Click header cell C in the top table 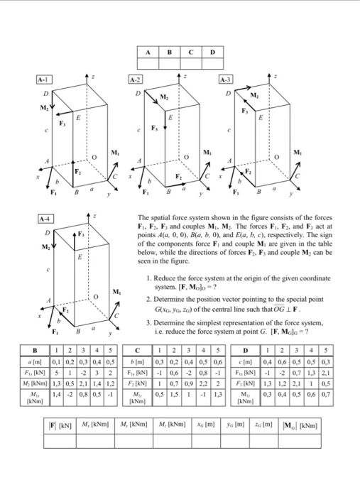(191, 52)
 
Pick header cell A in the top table (148, 52)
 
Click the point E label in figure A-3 (262, 117)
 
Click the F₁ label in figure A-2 (146, 192)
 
